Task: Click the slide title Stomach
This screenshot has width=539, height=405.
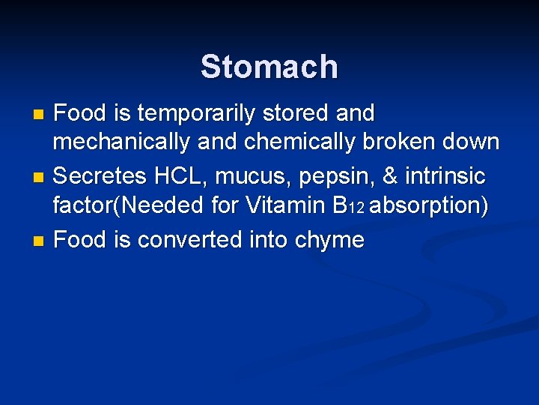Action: pos(269,67)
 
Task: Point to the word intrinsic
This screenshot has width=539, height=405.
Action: pos(445,177)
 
